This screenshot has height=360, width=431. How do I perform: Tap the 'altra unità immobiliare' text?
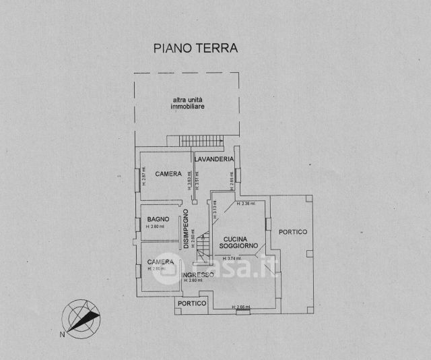[x=187, y=104]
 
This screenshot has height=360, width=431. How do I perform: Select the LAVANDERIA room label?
[x=213, y=159]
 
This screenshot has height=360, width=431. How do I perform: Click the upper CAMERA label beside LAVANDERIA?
[x=168, y=174]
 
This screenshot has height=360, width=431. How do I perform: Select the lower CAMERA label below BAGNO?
[x=161, y=262]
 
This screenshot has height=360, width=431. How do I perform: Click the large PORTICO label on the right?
[x=293, y=232]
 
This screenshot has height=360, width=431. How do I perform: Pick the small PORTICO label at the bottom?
[x=191, y=303]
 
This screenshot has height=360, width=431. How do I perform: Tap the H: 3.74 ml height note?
[x=232, y=258]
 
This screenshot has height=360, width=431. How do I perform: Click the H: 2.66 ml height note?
[x=240, y=307]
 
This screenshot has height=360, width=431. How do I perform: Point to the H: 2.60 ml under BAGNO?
[x=156, y=227]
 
